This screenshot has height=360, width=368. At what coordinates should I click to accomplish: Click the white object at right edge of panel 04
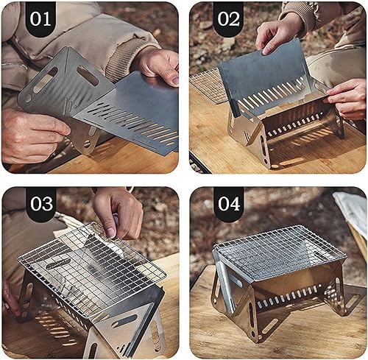[353, 213]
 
